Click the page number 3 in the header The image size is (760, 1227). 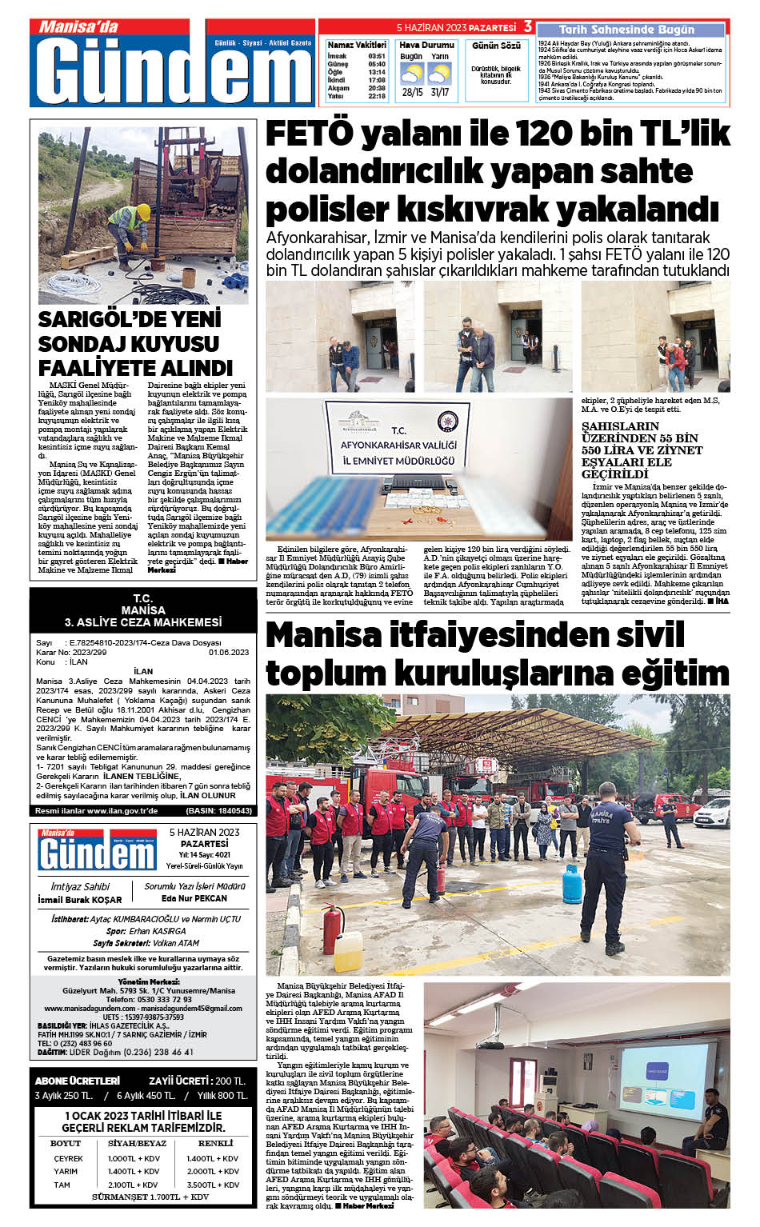(528, 27)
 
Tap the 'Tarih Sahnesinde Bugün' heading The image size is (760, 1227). (626, 30)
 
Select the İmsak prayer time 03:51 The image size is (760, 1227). (376, 57)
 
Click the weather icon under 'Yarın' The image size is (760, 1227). (439, 74)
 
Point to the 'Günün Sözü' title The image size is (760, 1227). (496, 46)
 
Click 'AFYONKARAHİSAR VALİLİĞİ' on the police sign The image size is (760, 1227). (398, 445)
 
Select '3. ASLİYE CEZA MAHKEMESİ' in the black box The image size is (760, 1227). (143, 622)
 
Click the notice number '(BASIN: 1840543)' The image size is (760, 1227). (218, 810)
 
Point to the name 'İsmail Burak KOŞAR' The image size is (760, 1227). (80, 900)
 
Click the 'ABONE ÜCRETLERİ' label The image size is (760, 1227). (78, 1081)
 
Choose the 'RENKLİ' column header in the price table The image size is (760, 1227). (215, 1143)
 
